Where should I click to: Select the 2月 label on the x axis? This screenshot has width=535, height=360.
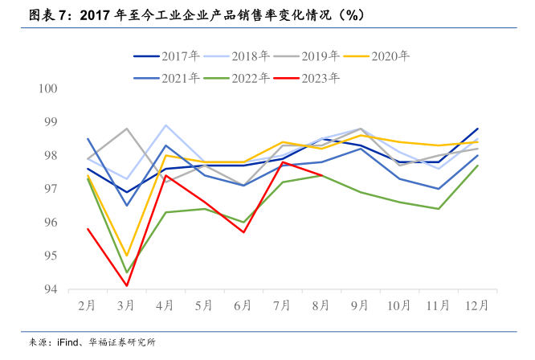[88, 306]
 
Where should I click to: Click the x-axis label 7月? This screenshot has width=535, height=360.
[283, 306]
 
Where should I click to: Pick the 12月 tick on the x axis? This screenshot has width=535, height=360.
[478, 306]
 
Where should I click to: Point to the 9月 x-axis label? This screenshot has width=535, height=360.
[361, 306]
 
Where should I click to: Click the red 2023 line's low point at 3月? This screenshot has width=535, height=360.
[127, 285]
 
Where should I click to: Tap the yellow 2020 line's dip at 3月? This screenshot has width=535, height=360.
[127, 256]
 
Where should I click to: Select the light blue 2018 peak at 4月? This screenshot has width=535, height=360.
[165, 125]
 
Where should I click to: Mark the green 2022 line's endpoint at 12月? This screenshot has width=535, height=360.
[478, 166]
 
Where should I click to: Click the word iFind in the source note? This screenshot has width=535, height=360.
[68, 343]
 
